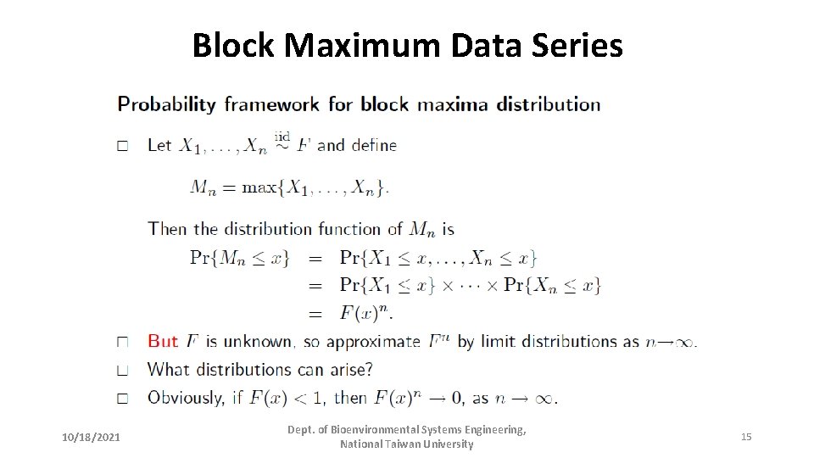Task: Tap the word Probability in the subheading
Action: click(167, 105)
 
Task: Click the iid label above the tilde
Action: click(282, 135)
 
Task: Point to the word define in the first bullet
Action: click(374, 145)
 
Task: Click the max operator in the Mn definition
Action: click(259, 187)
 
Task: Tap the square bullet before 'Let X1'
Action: click(123, 146)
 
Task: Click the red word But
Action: click(163, 341)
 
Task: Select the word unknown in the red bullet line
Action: click(258, 342)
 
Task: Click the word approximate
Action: click(373, 342)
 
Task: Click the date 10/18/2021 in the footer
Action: click(92, 437)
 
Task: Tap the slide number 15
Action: click(746, 437)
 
